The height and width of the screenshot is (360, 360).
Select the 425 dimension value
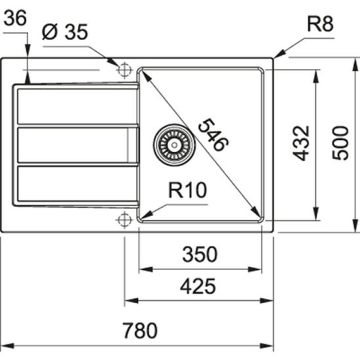pyautogui.click(x=198, y=286)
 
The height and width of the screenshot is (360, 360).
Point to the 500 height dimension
pyautogui.click(x=340, y=143)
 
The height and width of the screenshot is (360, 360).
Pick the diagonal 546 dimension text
pyautogui.click(x=213, y=135)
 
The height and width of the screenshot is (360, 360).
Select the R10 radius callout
pyautogui.click(x=187, y=191)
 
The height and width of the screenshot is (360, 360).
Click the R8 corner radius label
pyautogui.click(x=320, y=25)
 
